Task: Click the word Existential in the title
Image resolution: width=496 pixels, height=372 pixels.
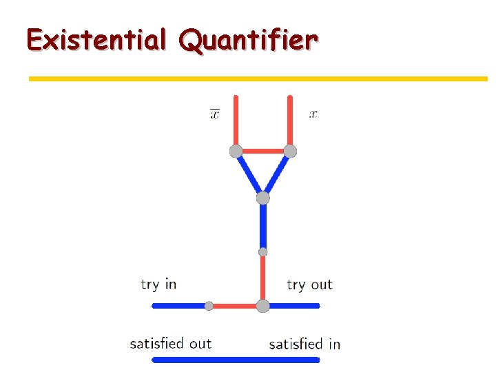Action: click(96, 40)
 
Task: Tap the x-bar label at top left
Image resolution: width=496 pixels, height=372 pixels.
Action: click(215, 114)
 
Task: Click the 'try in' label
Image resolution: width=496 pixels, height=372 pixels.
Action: click(158, 284)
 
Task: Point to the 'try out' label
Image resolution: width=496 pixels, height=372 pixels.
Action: click(309, 285)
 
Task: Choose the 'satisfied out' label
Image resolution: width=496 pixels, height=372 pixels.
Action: click(170, 343)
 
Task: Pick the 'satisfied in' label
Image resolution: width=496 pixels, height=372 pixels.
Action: click(304, 344)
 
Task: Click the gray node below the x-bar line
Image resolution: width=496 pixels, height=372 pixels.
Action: click(236, 151)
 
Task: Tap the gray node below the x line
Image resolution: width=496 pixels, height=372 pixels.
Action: click(290, 151)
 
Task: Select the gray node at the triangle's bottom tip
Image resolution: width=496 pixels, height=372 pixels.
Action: click(262, 198)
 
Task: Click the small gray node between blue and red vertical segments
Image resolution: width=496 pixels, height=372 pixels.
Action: click(262, 252)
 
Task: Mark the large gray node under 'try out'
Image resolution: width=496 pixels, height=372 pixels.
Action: click(262, 306)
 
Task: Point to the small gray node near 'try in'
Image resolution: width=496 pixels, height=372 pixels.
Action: click(209, 306)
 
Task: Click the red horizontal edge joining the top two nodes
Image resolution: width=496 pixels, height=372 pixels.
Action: click(263, 151)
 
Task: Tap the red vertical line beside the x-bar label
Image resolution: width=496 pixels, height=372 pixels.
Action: click(236, 121)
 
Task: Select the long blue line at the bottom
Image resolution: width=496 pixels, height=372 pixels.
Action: click(236, 359)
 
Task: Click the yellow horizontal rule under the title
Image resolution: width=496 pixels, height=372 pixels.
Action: click(258, 79)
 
